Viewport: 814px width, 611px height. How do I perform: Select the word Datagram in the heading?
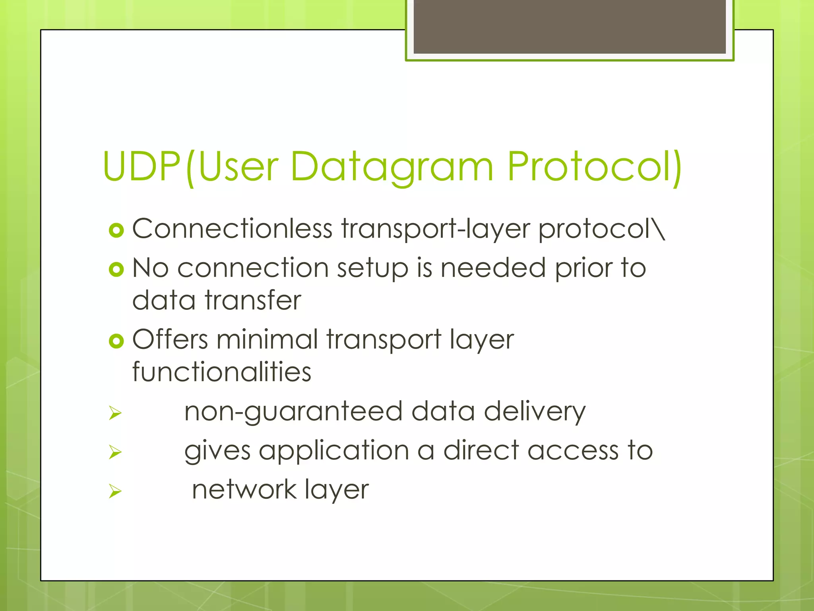click(x=391, y=166)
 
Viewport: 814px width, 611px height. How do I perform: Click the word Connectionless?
click(x=232, y=229)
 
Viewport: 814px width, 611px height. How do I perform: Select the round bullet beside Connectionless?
click(x=116, y=230)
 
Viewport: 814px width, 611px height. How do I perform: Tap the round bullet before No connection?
click(x=116, y=270)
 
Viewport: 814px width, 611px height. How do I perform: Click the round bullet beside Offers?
click(x=116, y=341)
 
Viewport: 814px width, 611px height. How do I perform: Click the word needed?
click(x=493, y=268)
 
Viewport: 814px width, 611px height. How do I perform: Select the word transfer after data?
click(x=253, y=300)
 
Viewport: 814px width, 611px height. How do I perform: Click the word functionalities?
click(x=221, y=372)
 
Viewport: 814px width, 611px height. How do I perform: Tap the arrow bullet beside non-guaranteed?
click(x=115, y=413)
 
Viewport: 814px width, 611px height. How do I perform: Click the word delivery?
click(x=534, y=412)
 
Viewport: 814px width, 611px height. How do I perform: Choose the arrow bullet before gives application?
click(x=115, y=452)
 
